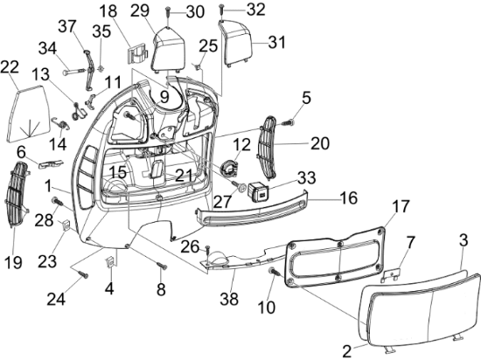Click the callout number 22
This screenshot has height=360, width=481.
tap(10, 66)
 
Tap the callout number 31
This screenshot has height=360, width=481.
tap(277, 42)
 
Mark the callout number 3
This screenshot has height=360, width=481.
tap(464, 237)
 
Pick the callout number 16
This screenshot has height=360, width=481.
tap(348, 198)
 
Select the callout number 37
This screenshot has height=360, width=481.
tap(67, 24)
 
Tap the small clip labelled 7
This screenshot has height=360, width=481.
tap(394, 273)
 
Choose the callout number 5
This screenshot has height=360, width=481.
tap(306, 97)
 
